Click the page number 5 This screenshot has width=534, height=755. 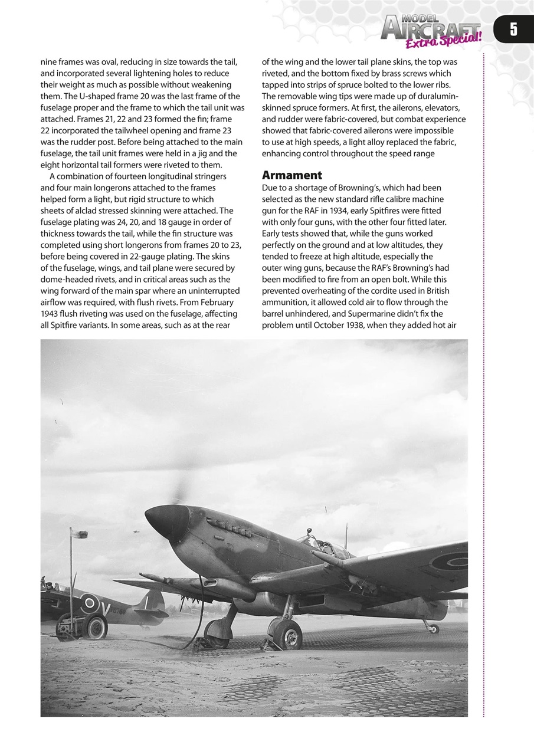[x=513, y=29]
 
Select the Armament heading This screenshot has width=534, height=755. [x=292, y=175]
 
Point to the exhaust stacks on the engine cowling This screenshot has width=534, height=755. [x=230, y=526]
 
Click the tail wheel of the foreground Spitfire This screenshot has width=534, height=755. [x=434, y=628]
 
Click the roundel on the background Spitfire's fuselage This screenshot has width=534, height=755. [x=90, y=603]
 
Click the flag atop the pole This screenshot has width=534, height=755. [x=80, y=534]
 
